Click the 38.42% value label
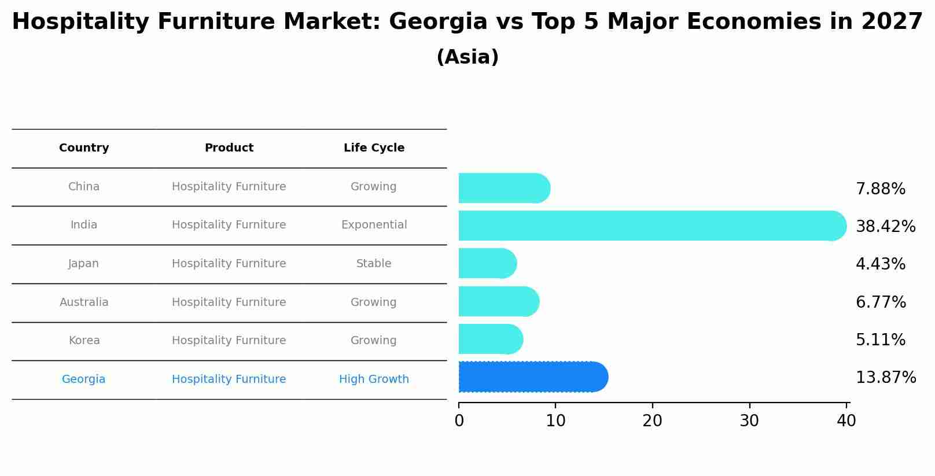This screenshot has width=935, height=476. (885, 227)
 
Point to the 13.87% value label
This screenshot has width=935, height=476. (885, 378)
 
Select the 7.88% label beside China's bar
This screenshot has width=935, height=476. (880, 189)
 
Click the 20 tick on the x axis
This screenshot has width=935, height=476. (652, 421)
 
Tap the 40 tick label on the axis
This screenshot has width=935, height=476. (846, 421)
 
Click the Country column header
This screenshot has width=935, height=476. (84, 148)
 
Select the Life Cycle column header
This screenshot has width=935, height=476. (374, 148)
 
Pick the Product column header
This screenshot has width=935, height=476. (229, 148)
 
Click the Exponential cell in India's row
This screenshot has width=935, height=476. (374, 225)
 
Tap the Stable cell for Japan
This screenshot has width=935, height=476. (374, 264)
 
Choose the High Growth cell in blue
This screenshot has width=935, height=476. (374, 379)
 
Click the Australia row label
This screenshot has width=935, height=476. (84, 302)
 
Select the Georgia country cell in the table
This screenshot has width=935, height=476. (84, 379)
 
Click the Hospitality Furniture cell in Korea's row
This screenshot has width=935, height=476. (229, 341)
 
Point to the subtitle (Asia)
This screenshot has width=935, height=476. (467, 57)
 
